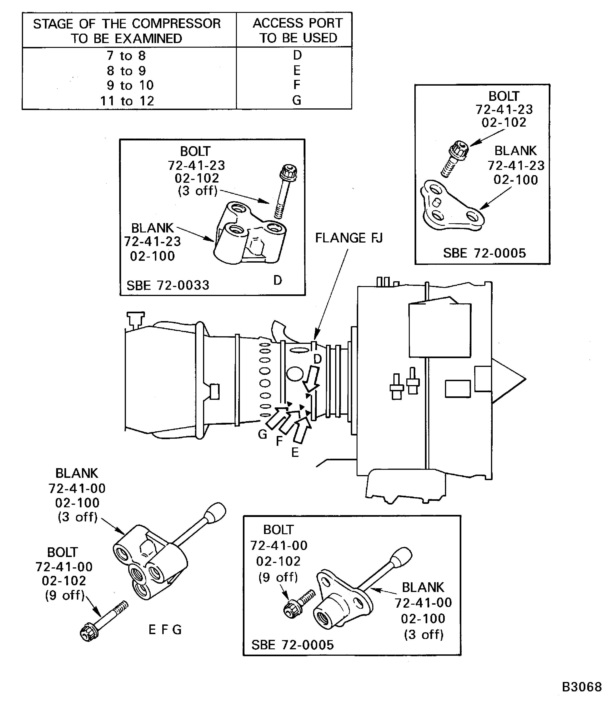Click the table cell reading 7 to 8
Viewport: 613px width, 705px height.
point(126,55)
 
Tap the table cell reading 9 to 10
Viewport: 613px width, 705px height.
point(130,85)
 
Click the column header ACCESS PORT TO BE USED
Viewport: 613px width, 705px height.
point(297,30)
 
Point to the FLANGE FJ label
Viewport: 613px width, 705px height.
point(349,238)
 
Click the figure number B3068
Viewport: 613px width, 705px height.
point(581,687)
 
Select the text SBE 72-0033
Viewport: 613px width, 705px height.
point(168,285)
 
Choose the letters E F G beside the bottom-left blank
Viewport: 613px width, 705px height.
point(165,630)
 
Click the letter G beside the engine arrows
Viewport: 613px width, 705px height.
point(262,434)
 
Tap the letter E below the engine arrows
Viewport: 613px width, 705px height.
point(295,453)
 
